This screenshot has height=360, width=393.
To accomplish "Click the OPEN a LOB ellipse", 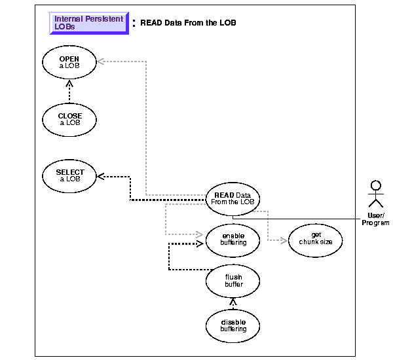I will (69, 63).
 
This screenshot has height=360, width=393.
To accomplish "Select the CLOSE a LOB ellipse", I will (69, 120).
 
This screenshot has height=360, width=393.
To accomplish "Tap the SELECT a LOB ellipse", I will (69, 176).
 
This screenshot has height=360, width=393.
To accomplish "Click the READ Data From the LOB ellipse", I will (233, 197).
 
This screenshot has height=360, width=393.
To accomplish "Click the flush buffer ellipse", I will (233, 281).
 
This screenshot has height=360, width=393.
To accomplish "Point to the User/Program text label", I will (375, 219).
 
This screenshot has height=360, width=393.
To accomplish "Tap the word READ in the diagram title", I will (151, 23).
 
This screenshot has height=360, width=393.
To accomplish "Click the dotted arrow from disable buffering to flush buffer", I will (233, 302).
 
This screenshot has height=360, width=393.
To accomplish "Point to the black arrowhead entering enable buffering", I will (200, 243).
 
